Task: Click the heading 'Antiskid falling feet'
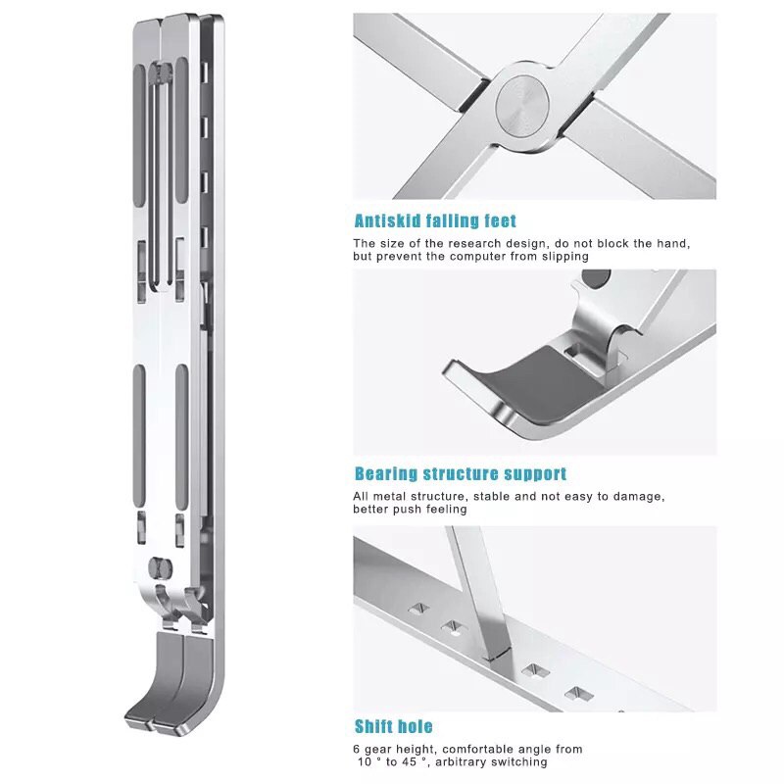tap(435, 220)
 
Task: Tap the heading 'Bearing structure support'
tap(461, 473)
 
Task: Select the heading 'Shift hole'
tap(394, 726)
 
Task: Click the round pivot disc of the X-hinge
tap(522, 106)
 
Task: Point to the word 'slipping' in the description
tap(565, 257)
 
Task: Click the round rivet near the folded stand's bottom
tap(161, 567)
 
